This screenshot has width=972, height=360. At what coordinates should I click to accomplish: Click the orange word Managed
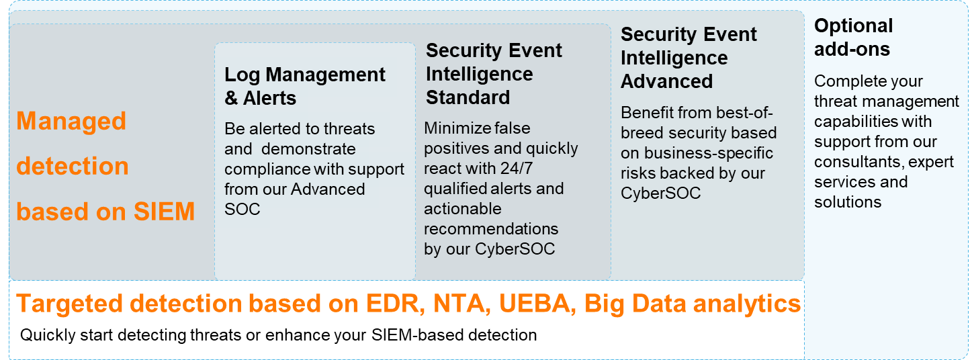pyautogui.click(x=71, y=121)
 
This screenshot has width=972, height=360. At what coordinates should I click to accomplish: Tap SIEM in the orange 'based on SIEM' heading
pyautogui.click(x=164, y=212)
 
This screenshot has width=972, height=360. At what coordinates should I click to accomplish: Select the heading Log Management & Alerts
pyautogui.click(x=304, y=87)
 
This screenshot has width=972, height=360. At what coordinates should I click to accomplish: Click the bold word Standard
pyautogui.click(x=468, y=97)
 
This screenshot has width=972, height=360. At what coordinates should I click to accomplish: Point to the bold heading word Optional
pyautogui.click(x=854, y=26)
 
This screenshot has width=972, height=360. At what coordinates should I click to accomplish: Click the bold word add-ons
pyautogui.click(x=852, y=49)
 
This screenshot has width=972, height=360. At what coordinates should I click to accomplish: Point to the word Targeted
pyautogui.click(x=69, y=304)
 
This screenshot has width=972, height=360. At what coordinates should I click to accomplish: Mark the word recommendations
pyautogui.click(x=491, y=229)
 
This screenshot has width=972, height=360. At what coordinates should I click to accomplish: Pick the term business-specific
pyautogui.click(x=709, y=153)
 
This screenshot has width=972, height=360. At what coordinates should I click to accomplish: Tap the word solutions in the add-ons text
pyautogui.click(x=848, y=202)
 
